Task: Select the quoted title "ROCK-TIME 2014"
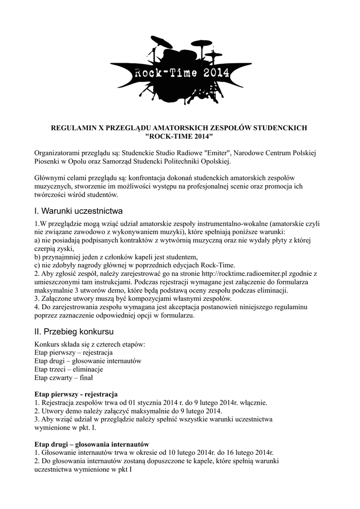click(180, 136)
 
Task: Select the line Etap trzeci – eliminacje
click(69, 369)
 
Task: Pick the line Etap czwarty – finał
click(64, 378)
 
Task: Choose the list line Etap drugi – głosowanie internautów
click(88, 361)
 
